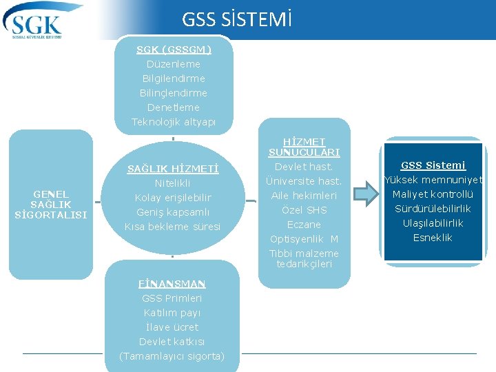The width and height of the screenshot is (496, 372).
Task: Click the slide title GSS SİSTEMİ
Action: pos(237,19)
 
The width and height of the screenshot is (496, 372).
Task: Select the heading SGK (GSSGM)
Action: pos(174,50)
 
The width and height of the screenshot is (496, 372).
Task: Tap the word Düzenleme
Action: pos(174,64)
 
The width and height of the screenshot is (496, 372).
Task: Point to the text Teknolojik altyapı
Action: pos(174,122)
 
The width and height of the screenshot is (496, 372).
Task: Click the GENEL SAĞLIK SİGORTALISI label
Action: pos(51,205)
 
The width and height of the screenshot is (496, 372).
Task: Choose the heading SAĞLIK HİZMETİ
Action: pos(173,169)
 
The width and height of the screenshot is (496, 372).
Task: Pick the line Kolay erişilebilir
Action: pos(173,198)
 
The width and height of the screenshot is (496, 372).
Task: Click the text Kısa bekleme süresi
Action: pos(173,227)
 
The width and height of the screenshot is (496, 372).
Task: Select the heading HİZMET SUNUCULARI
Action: pos(304,147)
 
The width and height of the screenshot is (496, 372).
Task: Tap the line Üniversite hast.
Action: pos(304,181)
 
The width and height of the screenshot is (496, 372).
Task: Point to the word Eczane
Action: pos(304,225)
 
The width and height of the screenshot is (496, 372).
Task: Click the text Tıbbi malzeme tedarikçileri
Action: pos(304,258)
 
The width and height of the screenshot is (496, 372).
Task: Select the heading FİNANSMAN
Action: pos(172,284)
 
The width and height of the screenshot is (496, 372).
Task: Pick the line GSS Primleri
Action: pos(172,298)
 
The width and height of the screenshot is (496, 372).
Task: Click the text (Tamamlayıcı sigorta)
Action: pos(172,356)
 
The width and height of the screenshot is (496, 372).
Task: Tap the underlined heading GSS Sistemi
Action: pos(433,165)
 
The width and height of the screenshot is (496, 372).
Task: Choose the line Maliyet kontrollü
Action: pos(433,194)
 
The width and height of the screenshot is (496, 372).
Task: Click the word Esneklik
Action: pos(433,238)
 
